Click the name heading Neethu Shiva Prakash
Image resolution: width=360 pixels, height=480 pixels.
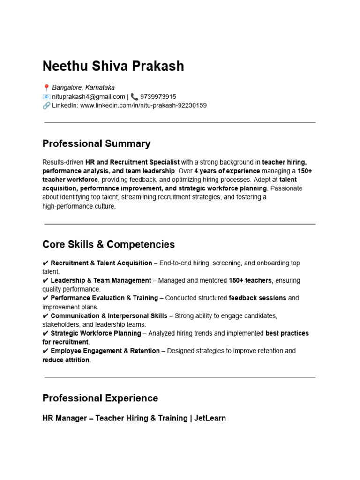[x=113, y=66]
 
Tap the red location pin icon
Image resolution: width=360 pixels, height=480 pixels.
[x=46, y=88]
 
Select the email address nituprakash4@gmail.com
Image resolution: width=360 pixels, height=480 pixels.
[x=89, y=97]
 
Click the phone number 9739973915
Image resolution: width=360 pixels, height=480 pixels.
[x=158, y=97]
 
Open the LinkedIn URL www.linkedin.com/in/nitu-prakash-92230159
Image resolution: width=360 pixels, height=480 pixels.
[x=143, y=105]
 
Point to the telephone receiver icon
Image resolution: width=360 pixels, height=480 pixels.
[x=135, y=97]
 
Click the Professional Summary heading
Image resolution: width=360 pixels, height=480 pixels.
[x=96, y=143]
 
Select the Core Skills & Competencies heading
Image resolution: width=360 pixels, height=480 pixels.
[x=108, y=244]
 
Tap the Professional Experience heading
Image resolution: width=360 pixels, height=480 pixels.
[x=100, y=398]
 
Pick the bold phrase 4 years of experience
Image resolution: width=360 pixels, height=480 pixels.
[x=227, y=171]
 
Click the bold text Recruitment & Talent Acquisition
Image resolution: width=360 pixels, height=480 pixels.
[x=101, y=263]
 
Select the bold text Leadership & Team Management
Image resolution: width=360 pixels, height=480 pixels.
[x=101, y=280]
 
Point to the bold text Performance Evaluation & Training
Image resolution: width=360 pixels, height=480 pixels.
[x=104, y=298]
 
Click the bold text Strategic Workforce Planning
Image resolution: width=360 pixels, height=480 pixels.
[x=96, y=333]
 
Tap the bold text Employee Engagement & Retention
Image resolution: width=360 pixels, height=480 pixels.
[x=105, y=351]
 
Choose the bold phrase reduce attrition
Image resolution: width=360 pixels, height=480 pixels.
[x=66, y=360]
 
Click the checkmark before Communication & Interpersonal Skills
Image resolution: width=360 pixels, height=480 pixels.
[x=45, y=316]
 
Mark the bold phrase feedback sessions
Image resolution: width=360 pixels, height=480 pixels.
[x=257, y=298]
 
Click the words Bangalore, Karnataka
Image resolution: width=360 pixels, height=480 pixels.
[x=83, y=88]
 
